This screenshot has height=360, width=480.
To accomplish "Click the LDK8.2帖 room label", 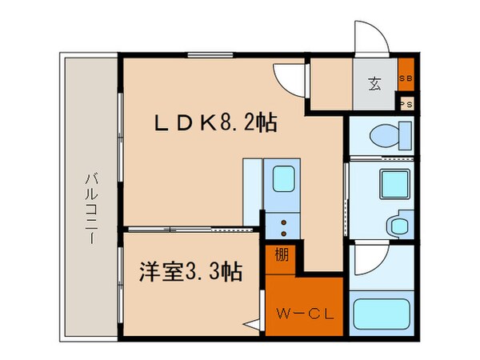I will (216, 124).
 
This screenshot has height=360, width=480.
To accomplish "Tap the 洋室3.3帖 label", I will (182, 270).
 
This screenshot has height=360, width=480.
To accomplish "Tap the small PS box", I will (406, 103).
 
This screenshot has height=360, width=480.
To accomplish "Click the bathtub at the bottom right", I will (381, 317).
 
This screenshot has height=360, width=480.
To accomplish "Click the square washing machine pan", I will (392, 185).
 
